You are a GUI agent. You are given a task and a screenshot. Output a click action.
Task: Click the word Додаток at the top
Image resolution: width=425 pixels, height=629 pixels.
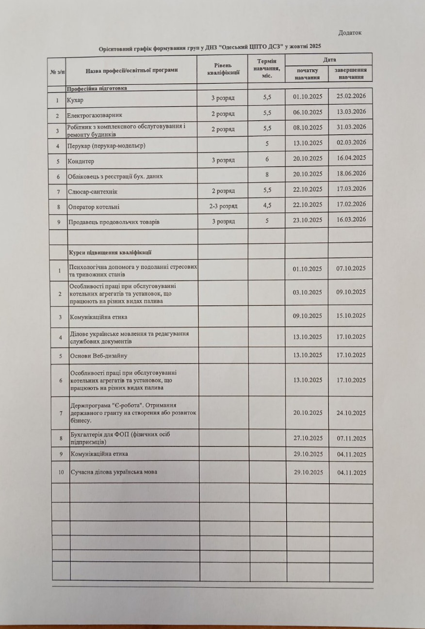(350, 33)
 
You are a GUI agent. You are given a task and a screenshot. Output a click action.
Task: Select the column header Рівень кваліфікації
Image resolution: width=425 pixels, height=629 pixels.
(223, 70)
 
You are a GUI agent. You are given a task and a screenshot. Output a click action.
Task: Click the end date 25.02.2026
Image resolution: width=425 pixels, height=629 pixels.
(351, 96)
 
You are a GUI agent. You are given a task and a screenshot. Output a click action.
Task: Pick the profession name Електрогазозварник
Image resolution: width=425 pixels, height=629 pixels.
(95, 115)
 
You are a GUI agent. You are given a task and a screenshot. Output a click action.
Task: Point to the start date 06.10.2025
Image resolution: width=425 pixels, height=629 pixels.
(308, 112)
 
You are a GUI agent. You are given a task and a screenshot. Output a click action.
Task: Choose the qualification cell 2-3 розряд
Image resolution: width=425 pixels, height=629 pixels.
(223, 206)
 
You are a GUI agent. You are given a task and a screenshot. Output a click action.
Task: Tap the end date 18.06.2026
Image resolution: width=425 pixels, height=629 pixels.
(351, 173)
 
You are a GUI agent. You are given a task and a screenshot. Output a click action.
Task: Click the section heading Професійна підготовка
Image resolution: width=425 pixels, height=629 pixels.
(97, 88)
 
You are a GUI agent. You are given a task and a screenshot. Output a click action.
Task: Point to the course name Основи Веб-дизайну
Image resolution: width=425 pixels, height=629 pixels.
(98, 356)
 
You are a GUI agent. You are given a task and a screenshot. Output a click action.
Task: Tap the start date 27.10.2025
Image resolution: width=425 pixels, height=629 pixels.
(308, 438)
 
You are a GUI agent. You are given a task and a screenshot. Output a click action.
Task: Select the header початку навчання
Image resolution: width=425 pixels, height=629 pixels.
(307, 74)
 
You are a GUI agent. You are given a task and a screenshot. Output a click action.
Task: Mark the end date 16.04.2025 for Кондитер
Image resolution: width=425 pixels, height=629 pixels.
(351, 158)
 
